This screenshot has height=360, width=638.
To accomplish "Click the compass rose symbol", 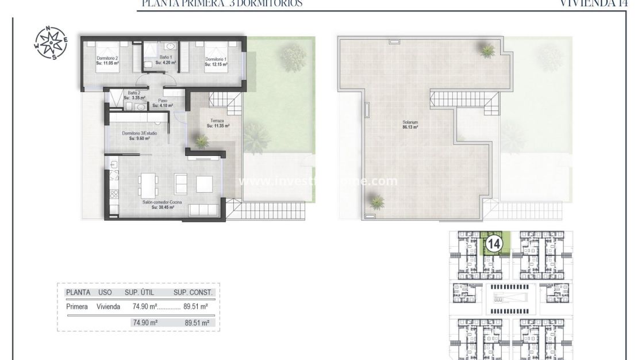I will [x=51, y=43].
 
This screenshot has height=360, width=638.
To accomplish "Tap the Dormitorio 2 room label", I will [x=107, y=60].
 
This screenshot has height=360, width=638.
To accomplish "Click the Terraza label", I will [x=218, y=123].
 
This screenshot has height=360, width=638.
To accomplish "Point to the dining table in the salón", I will [x=148, y=185].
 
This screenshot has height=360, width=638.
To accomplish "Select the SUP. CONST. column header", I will [x=193, y=292].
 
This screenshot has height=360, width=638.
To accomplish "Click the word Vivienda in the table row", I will [x=108, y=307].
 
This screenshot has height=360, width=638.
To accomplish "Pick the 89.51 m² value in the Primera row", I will [x=193, y=307].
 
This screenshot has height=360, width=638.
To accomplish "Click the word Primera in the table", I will [x=77, y=307].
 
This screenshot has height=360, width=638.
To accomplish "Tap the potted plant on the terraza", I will [x=201, y=140].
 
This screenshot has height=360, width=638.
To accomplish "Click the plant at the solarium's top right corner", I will [x=487, y=51].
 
